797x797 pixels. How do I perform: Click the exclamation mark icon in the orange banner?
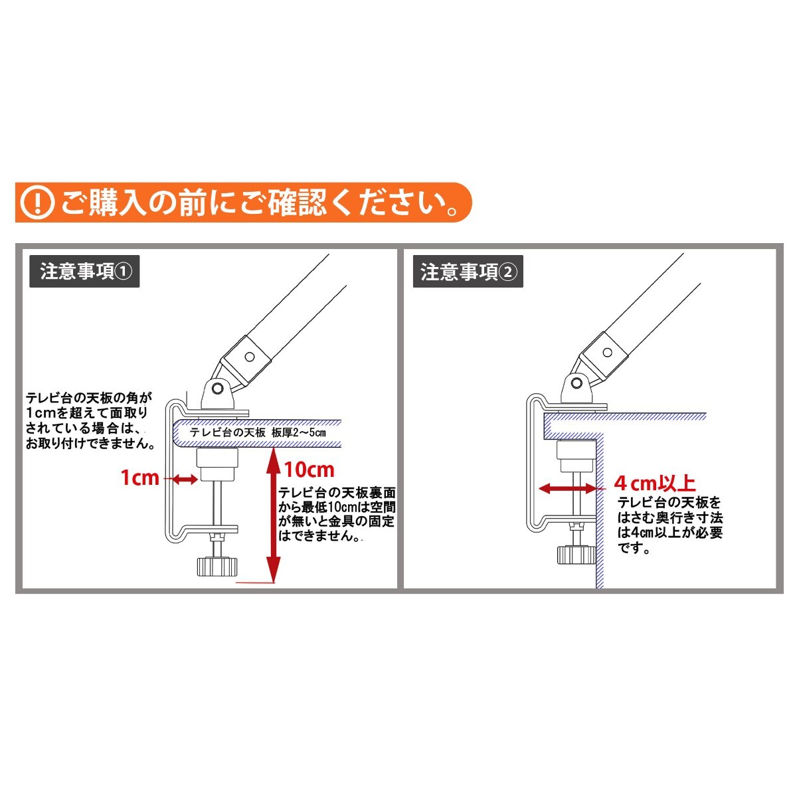pyautogui.click(x=38, y=203)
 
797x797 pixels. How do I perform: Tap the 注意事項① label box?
pyautogui.click(x=84, y=272)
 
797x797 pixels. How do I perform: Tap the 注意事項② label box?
pyautogui.click(x=468, y=272)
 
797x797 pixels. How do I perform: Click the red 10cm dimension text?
pyautogui.click(x=310, y=470)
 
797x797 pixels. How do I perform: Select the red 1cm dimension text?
pyautogui.click(x=139, y=478)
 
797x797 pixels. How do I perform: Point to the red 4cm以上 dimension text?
pyautogui.click(x=654, y=483)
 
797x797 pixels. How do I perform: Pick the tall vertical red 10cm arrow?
pyautogui.click(x=274, y=515)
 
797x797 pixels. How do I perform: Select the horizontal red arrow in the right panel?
pyautogui.click(x=567, y=488)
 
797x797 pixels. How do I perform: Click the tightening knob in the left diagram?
pyautogui.click(x=218, y=567)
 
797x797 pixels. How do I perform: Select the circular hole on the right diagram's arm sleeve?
pyautogui.click(x=607, y=353)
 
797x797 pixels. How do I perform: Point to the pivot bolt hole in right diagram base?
pyautogui.click(x=576, y=383)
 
